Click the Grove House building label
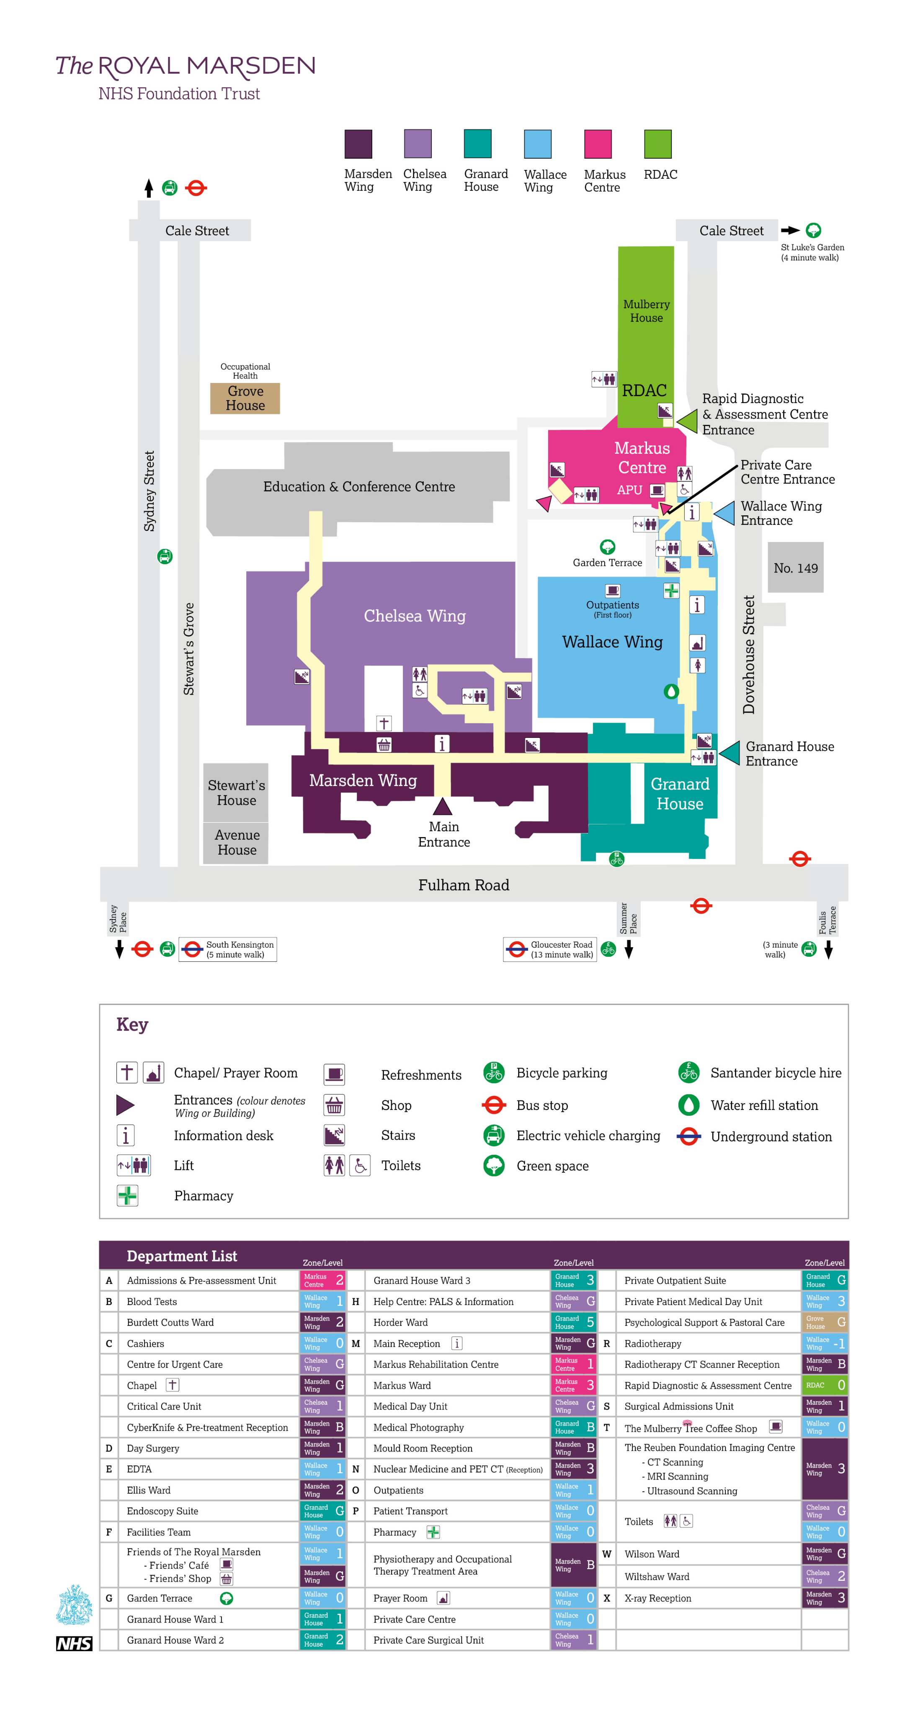245,398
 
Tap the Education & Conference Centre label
359,487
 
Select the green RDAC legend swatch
657,144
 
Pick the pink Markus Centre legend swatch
597,144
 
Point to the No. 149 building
795,568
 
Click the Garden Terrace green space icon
607,547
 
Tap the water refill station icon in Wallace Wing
671,691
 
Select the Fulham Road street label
463,885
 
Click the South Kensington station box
228,949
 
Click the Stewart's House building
236,792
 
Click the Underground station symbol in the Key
688,1136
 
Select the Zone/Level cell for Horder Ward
573,1323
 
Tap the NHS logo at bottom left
74,1644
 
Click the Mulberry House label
646,311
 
